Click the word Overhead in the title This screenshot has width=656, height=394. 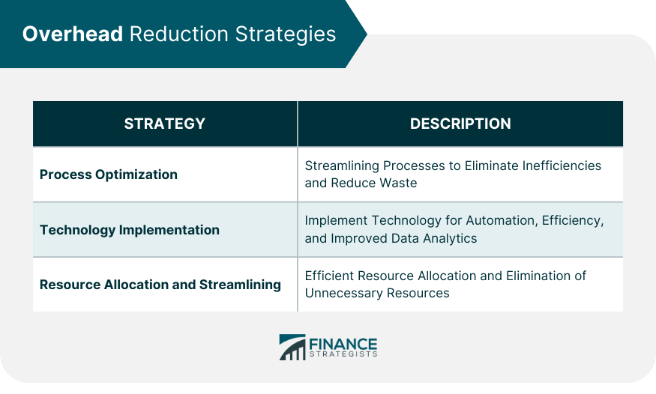(72, 34)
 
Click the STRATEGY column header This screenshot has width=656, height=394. (164, 124)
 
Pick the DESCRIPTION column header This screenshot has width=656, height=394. (460, 124)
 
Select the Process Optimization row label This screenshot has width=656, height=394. (109, 175)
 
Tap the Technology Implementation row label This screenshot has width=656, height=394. (130, 230)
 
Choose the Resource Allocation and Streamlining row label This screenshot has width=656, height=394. (160, 285)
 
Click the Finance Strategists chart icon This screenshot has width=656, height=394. (292, 347)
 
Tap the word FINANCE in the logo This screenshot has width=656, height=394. (343, 344)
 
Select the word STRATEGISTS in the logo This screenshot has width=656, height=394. (343, 355)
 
